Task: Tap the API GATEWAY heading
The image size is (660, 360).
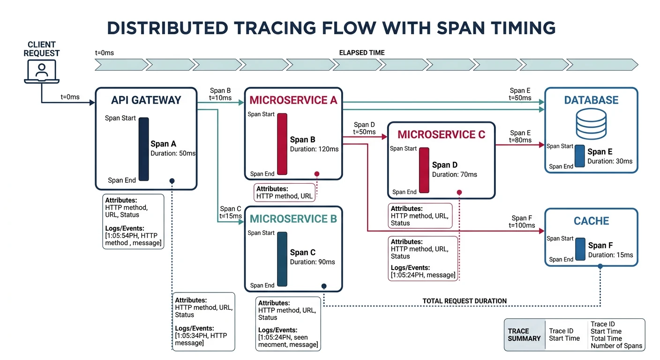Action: [146, 100]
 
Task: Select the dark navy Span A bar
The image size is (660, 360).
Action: [143, 149]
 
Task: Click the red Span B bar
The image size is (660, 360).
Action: [282, 143]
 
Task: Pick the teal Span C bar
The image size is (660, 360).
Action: [282, 259]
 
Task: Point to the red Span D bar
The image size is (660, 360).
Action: [424, 170]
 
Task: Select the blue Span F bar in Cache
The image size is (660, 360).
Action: [580, 249]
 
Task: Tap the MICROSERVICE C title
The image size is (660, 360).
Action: [441, 135]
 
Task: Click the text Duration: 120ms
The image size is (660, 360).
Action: [314, 149]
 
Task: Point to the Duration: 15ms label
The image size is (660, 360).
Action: [610, 255]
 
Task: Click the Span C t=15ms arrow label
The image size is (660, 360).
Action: [231, 212]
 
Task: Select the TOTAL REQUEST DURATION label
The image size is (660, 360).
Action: [464, 301]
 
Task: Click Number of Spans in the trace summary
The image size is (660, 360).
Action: [616, 346]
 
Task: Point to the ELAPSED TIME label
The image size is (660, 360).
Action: [361, 53]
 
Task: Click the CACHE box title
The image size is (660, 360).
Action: [591, 221]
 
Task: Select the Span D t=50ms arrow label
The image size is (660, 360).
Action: [364, 128]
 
